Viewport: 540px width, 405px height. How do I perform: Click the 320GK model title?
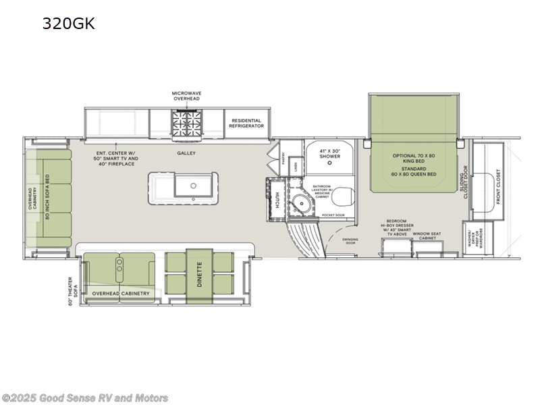pos(69,24)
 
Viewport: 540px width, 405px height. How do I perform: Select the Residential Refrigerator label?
pos(246,122)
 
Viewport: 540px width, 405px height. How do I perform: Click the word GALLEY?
pos(186,153)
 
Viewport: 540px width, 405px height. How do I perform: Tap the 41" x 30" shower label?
pos(329,155)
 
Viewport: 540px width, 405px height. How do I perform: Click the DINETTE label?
pos(199,275)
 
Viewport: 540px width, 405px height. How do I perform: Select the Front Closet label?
pos(499,186)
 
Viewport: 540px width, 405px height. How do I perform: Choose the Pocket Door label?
pos(333,214)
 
